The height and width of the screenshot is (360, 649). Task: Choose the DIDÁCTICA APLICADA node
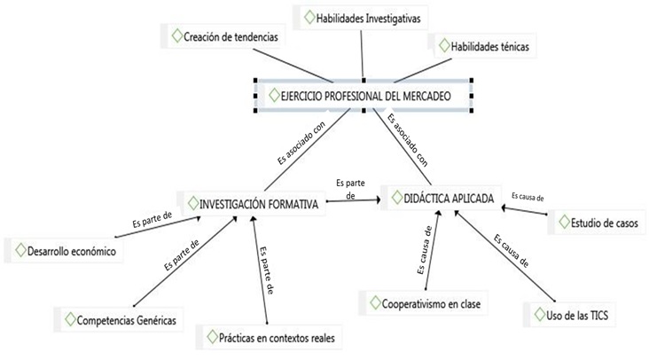click(x=444, y=198)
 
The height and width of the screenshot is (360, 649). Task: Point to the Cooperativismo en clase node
click(x=424, y=303)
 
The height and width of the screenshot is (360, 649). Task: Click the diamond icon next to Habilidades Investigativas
click(x=308, y=16)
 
